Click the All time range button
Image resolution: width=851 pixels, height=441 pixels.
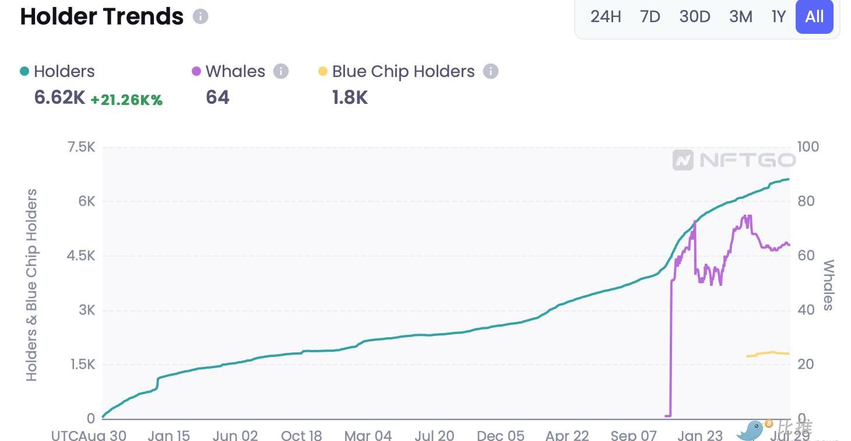814,16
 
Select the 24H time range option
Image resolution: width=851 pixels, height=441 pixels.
606,16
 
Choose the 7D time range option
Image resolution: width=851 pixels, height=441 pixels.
650,16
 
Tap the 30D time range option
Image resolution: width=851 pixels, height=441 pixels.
695,16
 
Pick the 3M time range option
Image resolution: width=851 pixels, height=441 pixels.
741,16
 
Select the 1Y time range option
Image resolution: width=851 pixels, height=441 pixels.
779,16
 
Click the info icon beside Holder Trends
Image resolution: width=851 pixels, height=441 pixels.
201,16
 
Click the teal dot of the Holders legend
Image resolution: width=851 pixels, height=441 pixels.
24,72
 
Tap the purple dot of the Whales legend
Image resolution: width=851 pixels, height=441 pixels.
196,72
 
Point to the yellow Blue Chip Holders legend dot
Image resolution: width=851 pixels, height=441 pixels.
323,72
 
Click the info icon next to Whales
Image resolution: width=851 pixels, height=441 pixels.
281,72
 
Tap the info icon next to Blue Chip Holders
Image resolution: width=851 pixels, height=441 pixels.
491,72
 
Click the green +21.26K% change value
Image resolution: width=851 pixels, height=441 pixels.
126,100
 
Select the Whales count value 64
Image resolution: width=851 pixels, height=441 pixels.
217,97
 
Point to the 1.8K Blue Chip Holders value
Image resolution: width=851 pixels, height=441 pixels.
350,97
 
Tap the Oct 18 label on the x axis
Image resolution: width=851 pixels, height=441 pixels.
301,435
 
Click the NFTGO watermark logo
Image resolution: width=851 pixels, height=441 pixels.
734,160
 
